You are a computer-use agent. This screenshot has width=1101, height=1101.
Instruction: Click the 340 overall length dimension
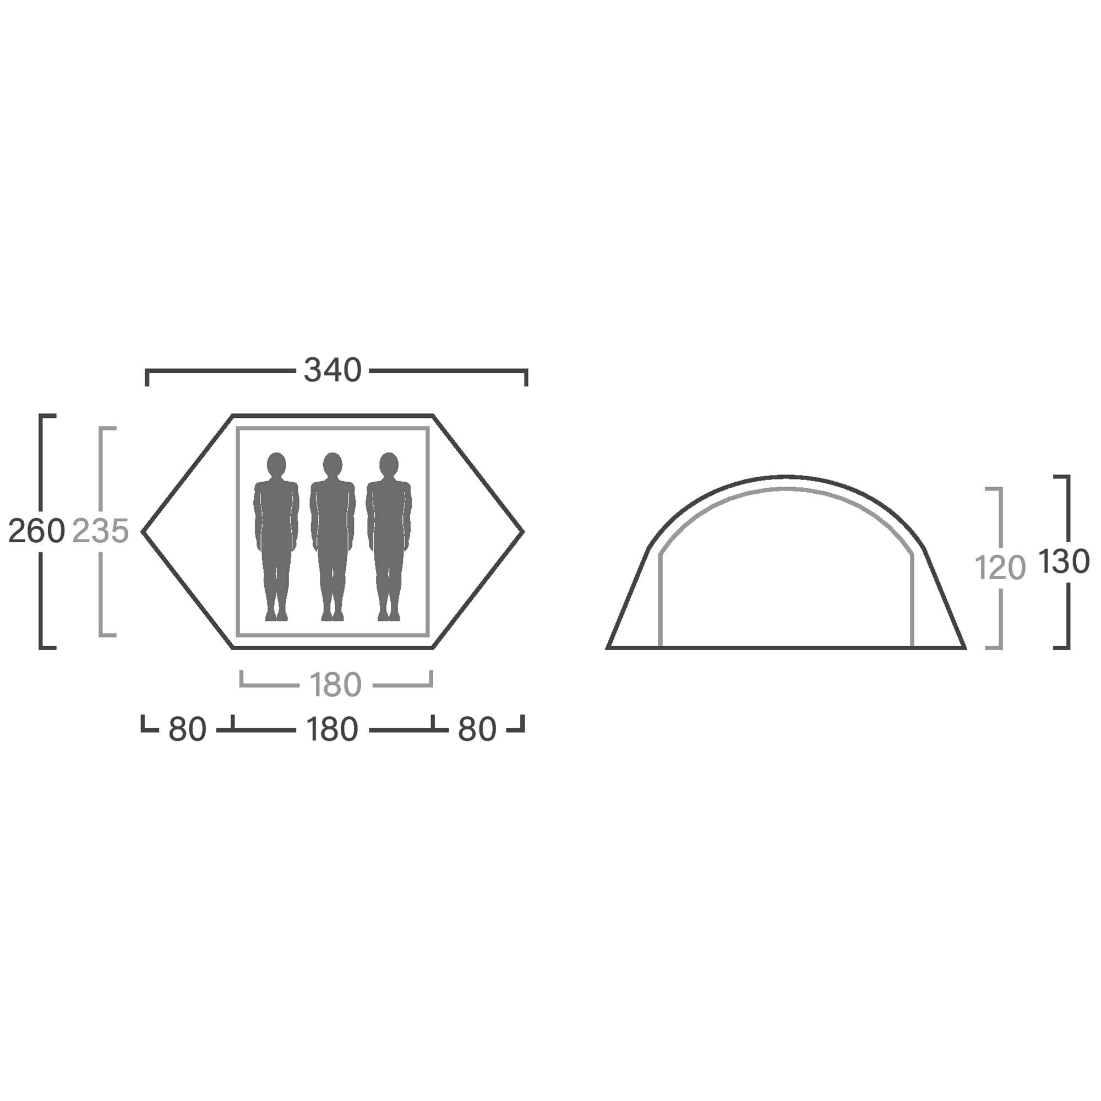click(333, 370)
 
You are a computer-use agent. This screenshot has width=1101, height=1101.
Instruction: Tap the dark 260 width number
click(36, 531)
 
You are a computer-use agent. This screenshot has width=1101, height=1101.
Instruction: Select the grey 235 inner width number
click(101, 531)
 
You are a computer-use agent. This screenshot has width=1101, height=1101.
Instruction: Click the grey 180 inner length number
click(336, 684)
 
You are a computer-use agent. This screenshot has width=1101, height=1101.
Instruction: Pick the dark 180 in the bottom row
click(333, 729)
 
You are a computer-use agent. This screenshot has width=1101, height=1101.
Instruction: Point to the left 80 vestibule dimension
click(187, 729)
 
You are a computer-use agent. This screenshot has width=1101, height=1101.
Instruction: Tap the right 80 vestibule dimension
click(477, 729)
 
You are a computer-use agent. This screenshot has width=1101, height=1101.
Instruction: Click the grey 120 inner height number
click(1000, 568)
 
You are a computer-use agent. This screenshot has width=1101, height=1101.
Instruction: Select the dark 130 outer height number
click(1064, 562)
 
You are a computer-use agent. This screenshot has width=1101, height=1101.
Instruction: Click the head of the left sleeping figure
click(276, 464)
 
